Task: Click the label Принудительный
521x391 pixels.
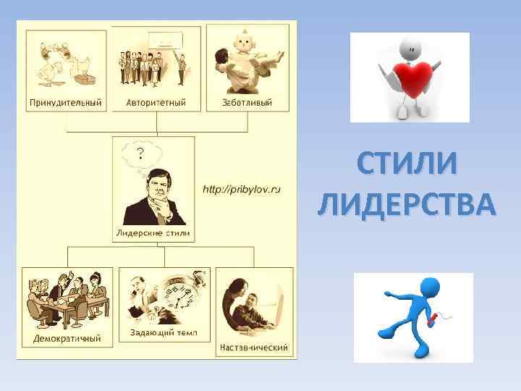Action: (65, 102)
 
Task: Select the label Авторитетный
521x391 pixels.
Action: (156, 102)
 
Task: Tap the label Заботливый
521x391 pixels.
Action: (247, 102)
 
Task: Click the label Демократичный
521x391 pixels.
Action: (67, 338)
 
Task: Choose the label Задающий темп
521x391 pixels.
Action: (164, 333)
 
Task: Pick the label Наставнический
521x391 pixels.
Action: (255, 347)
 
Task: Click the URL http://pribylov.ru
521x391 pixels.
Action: (241, 189)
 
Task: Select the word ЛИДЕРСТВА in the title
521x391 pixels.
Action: (407, 204)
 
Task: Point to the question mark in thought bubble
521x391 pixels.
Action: (140, 152)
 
